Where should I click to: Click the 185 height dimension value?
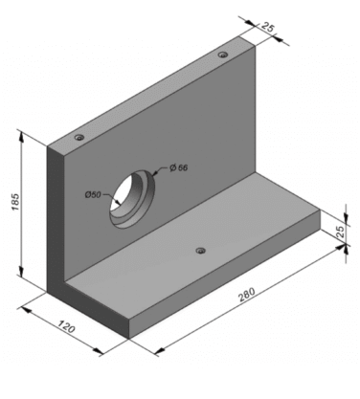(x=15, y=202)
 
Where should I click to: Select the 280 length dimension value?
(x=247, y=295)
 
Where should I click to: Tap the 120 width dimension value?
(x=67, y=326)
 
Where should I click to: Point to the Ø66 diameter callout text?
(x=179, y=167)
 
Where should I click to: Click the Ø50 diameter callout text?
(x=93, y=194)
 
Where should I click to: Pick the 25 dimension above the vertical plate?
(x=267, y=27)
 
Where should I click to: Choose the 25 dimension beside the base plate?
(x=341, y=232)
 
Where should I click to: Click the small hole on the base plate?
(x=200, y=251)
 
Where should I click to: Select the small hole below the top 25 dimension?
(x=223, y=55)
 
